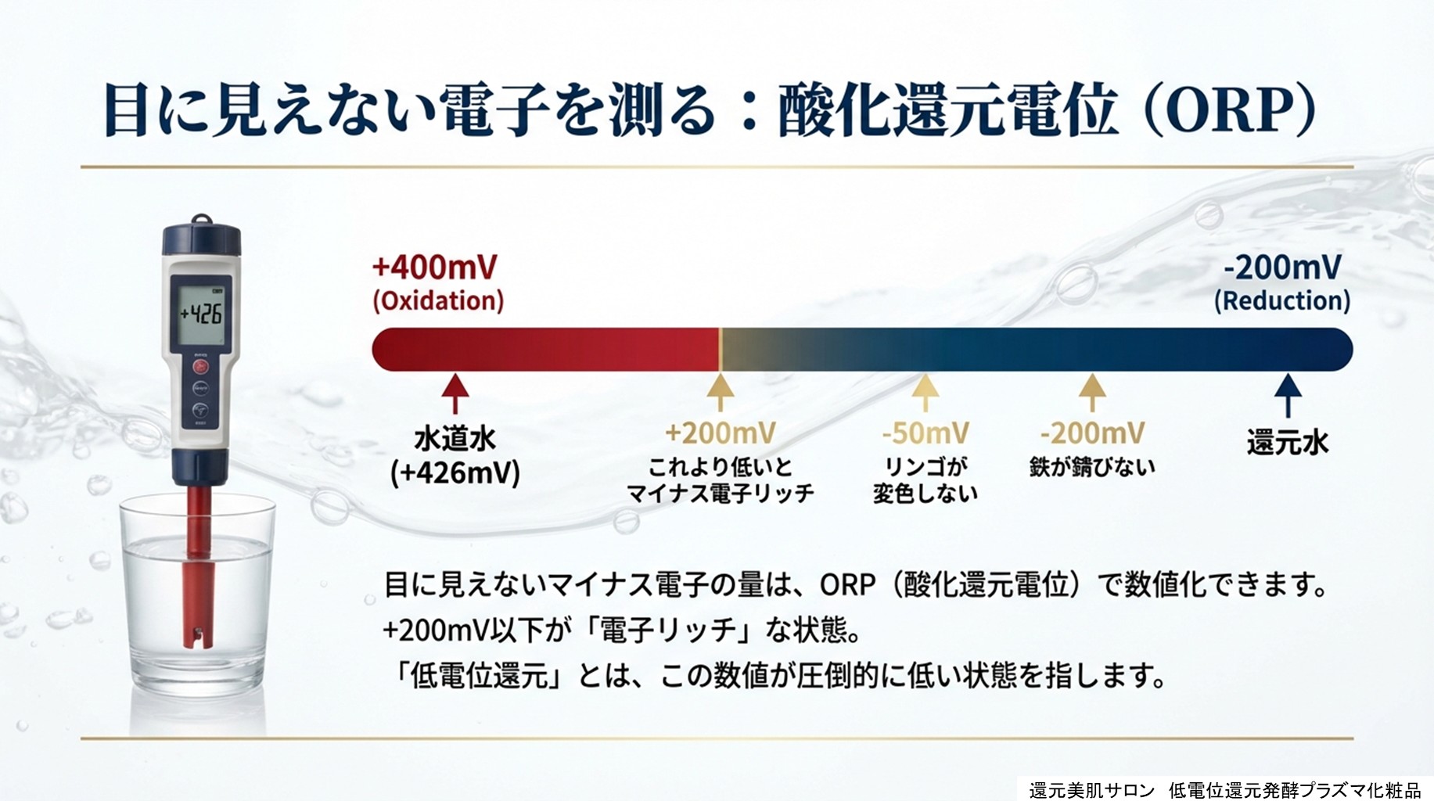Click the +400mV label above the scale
[x=434, y=268]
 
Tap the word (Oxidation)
[x=438, y=301]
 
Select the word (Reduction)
[x=1282, y=301]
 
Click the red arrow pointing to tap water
[x=455, y=393]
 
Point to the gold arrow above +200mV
[x=721, y=393]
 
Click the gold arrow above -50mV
[x=925, y=393]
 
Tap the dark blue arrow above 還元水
[x=1288, y=395]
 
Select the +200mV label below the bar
[x=721, y=433]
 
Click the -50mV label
[x=925, y=433]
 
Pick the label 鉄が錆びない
[x=1092, y=467]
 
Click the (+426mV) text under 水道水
[x=455, y=473]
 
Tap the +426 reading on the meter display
[x=202, y=314]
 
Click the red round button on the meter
[x=201, y=365]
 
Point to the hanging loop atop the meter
[x=202, y=221]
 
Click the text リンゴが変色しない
[x=925, y=480]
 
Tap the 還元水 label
[x=1288, y=443]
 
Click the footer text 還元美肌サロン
[x=1092, y=790]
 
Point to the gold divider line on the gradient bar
[x=721, y=349]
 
